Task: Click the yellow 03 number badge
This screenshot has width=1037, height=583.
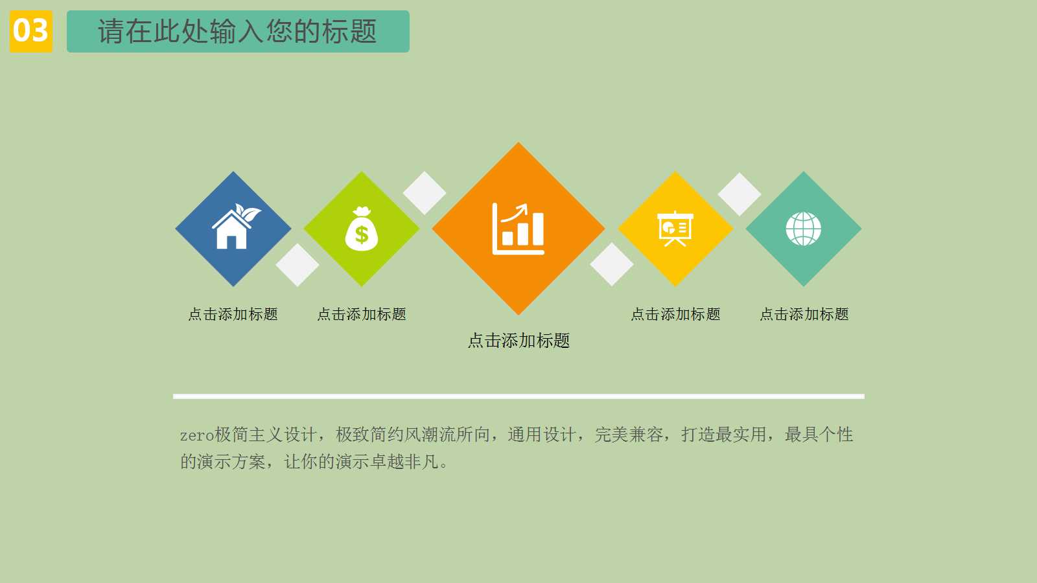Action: tap(30, 31)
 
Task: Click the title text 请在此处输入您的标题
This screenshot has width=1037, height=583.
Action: tap(237, 31)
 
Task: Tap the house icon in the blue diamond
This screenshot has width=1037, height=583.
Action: tap(233, 229)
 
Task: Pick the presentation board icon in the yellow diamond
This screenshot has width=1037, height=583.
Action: tap(675, 229)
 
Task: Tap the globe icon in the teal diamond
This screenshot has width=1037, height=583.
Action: tap(804, 229)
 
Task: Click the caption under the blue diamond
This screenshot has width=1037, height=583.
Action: tap(233, 314)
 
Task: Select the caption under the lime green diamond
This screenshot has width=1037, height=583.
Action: tap(362, 314)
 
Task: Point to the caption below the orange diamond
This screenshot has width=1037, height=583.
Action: tap(518, 341)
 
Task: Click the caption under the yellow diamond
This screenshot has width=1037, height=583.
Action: tap(675, 314)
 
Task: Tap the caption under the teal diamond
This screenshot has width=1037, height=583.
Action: tap(804, 314)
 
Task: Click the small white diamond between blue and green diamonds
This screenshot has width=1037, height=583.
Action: tap(297, 265)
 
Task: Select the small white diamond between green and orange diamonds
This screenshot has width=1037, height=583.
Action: tap(425, 193)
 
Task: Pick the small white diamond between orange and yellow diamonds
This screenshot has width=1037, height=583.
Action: tap(612, 264)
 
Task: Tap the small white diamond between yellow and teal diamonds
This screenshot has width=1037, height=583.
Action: tap(740, 194)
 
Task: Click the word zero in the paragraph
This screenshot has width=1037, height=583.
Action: tap(196, 435)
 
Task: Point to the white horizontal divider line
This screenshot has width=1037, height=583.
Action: tap(518, 396)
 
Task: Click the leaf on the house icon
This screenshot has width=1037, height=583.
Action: tap(248, 212)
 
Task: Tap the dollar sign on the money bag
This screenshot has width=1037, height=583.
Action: tap(362, 235)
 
